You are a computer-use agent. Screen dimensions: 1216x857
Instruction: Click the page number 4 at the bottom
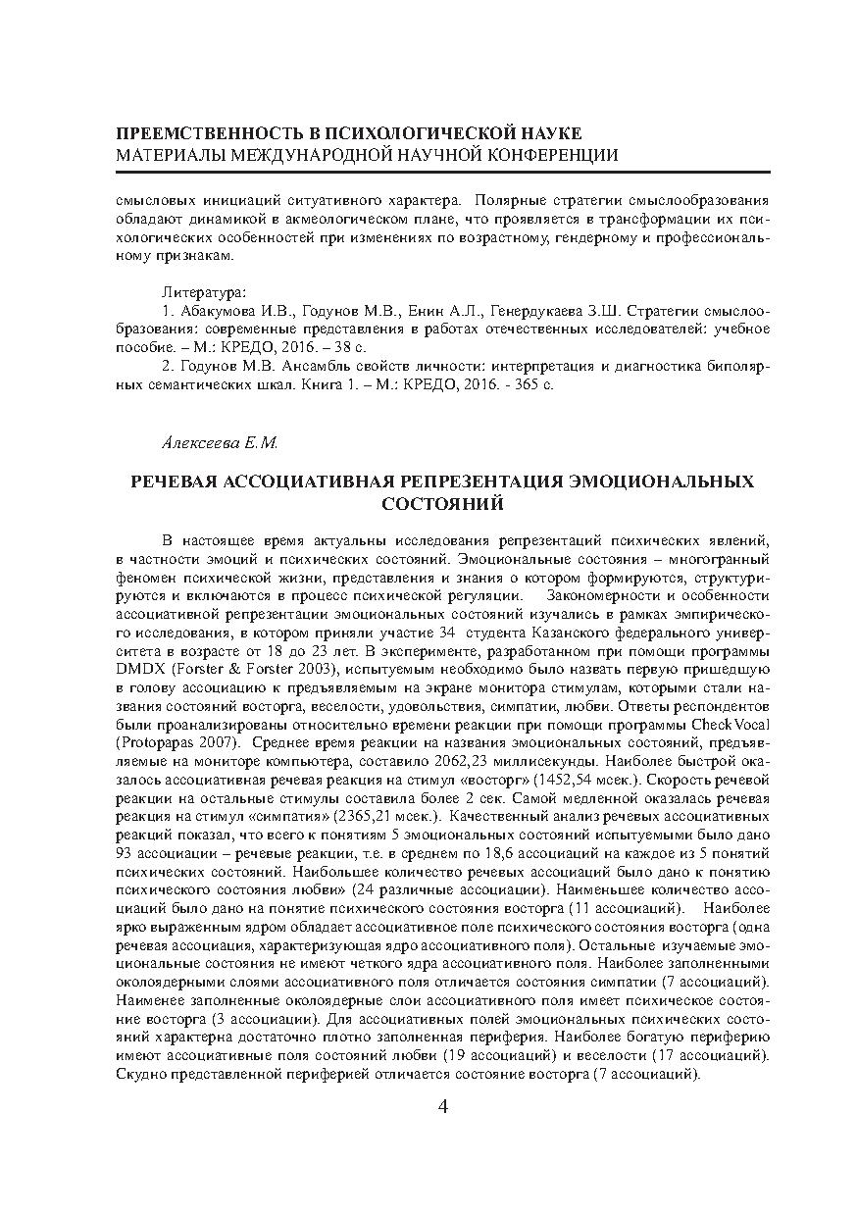point(441,1107)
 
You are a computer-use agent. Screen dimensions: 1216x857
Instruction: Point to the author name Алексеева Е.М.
point(220,443)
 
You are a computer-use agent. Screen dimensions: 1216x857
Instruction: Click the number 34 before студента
point(447,633)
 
